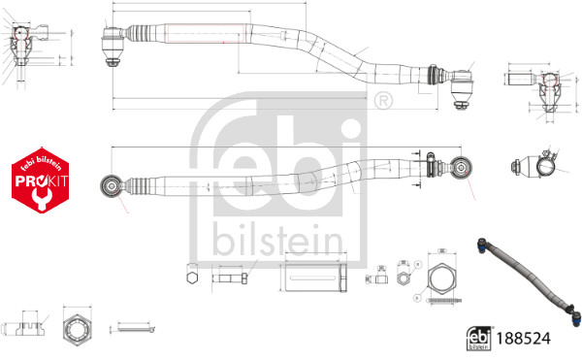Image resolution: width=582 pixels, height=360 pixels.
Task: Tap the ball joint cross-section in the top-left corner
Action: [x=23, y=43]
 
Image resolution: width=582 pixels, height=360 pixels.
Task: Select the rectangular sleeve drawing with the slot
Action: [x=311, y=277]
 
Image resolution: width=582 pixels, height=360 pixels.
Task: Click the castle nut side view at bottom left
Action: [x=24, y=326]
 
